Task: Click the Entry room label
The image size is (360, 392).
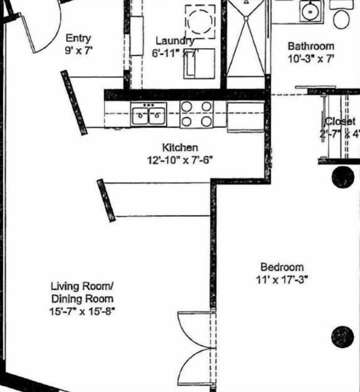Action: tap(78, 38)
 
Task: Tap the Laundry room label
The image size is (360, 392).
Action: tap(175, 41)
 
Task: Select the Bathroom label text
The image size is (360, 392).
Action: tap(310, 47)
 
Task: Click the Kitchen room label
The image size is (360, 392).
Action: tap(180, 147)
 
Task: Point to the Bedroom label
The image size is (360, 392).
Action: tap(282, 267)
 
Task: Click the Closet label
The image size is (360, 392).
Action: tap(340, 122)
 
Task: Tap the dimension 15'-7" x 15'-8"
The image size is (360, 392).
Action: tap(82, 311)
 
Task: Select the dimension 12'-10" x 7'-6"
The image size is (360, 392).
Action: tap(180, 160)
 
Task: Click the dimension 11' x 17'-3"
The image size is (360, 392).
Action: tap(282, 280)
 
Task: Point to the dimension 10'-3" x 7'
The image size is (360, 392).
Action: tap(310, 59)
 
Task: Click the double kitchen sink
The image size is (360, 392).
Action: tap(149, 114)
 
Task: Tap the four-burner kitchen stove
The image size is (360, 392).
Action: tap(196, 114)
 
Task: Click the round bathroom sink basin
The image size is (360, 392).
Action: tap(310, 11)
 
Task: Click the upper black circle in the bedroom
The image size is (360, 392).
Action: tap(343, 177)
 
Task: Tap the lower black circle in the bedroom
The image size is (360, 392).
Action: tap(342, 336)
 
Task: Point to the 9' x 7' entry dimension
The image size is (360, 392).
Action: tap(78, 51)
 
